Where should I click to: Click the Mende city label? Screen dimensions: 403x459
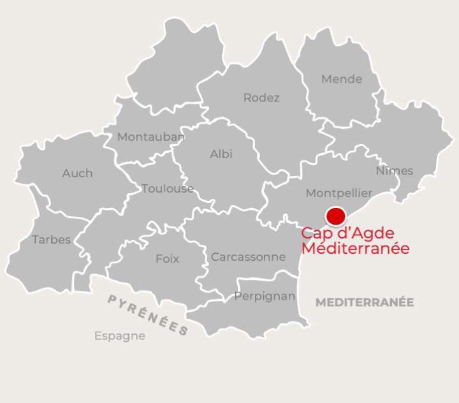click(x=342, y=79)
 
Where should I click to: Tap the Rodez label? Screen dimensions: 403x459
click(x=261, y=98)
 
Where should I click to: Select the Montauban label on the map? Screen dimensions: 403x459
click(x=151, y=136)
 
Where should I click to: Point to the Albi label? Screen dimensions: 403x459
click(x=221, y=154)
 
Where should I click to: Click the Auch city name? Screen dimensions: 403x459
click(x=77, y=173)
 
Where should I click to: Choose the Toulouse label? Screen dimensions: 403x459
click(x=168, y=188)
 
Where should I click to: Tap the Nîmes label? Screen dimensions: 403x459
click(x=394, y=170)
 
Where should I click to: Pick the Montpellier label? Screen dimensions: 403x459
click(x=339, y=193)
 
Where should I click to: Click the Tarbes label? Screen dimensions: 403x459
click(x=51, y=240)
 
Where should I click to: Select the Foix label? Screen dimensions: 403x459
click(x=167, y=259)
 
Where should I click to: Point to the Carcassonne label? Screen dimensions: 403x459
click(x=248, y=257)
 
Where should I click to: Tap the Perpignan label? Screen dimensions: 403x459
click(x=265, y=296)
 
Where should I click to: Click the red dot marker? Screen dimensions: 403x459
click(x=335, y=216)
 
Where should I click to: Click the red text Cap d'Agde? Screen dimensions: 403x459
click(x=347, y=233)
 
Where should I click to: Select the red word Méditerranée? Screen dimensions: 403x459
click(x=355, y=249)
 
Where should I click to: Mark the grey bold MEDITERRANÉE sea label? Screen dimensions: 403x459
click(x=365, y=302)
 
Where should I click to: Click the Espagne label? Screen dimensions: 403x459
click(x=119, y=335)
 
